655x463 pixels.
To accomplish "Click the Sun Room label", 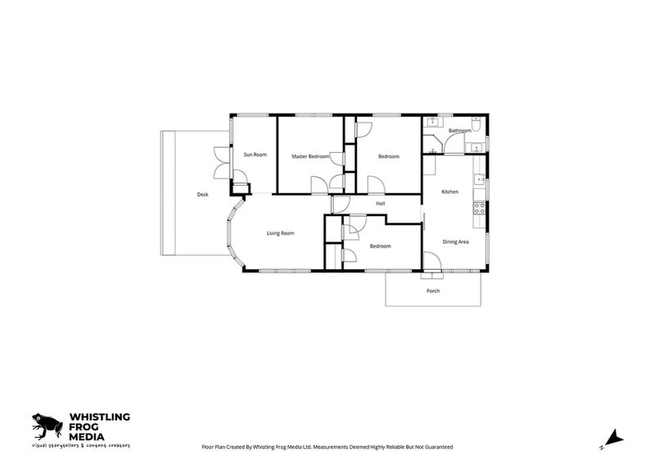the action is (x=255, y=155).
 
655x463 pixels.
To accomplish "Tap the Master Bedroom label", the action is (x=310, y=156).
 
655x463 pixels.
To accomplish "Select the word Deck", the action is (x=202, y=195).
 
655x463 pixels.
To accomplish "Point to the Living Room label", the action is (x=280, y=233).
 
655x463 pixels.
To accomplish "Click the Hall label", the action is (x=380, y=204).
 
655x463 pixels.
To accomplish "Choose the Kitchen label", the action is (x=449, y=192).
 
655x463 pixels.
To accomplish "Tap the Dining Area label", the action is (x=455, y=242).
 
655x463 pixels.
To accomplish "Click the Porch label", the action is (x=433, y=291).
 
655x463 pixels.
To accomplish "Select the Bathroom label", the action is (x=460, y=131).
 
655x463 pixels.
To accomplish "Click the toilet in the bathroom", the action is (x=477, y=124).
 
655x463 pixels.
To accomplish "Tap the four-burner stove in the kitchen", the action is (x=479, y=209).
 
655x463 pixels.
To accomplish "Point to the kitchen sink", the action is (x=479, y=179).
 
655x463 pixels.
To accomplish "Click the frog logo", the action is (x=47, y=426).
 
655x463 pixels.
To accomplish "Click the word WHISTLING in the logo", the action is (x=99, y=416).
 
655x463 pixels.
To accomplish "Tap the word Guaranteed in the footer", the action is (x=440, y=447).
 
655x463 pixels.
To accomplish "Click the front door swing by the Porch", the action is (x=432, y=262).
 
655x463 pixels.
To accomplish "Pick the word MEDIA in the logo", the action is (x=87, y=437).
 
